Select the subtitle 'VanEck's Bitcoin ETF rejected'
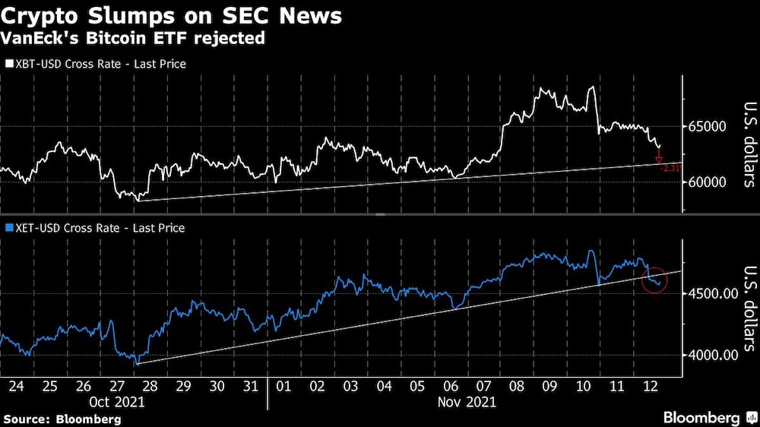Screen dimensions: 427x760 coord(135,39)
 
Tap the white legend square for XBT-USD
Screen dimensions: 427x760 coord(9,65)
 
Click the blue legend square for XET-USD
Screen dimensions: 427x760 coord(9,228)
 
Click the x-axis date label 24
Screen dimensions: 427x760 coord(16,385)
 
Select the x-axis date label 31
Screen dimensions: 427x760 coord(249,385)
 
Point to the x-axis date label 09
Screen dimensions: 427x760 coord(549,385)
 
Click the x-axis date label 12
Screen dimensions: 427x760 coord(649,385)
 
